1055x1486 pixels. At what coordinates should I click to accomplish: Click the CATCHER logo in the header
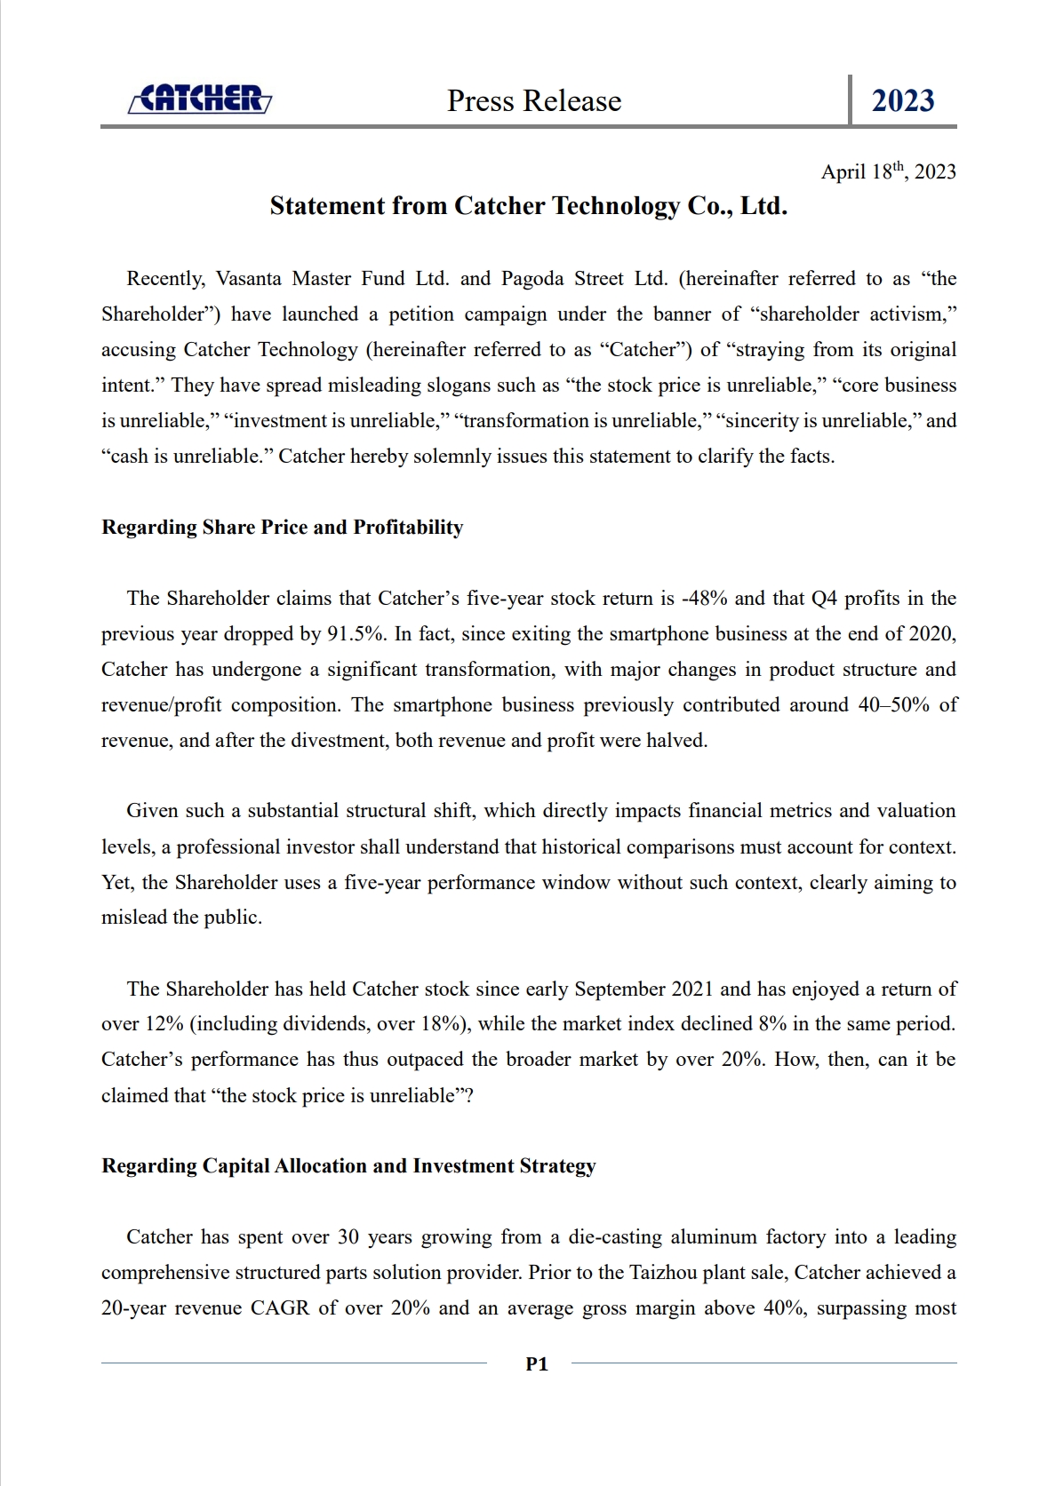(200, 99)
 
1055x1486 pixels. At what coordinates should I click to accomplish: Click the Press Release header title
(534, 101)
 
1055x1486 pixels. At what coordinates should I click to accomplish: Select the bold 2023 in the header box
(902, 101)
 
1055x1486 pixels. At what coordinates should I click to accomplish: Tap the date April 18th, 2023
(888, 171)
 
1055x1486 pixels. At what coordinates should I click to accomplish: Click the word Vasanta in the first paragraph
(249, 279)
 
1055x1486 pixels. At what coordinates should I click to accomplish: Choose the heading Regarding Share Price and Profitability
(283, 528)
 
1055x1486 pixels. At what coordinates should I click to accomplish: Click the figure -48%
(704, 599)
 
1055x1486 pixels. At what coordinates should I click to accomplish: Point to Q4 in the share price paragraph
(824, 599)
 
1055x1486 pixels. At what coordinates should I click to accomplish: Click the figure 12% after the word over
(164, 1024)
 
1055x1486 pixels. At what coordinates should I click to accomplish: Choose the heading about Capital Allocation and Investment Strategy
(348, 1166)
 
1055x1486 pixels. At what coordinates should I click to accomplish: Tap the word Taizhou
(665, 1273)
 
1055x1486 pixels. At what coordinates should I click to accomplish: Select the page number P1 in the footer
(537, 1364)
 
